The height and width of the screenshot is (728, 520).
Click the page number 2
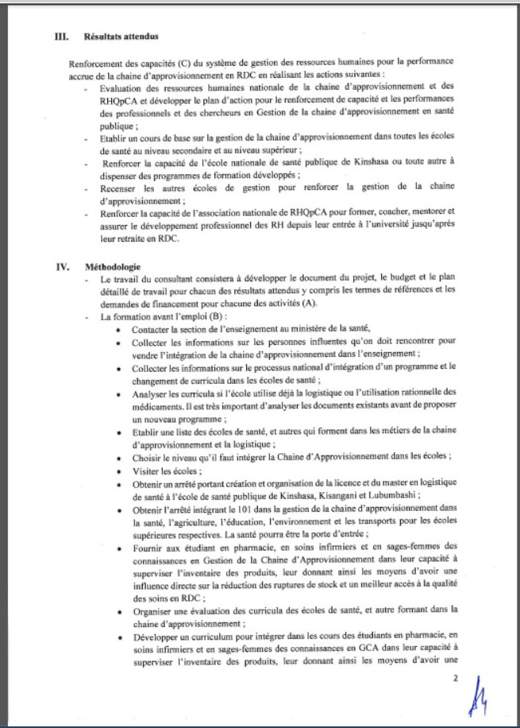coord(456,679)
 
